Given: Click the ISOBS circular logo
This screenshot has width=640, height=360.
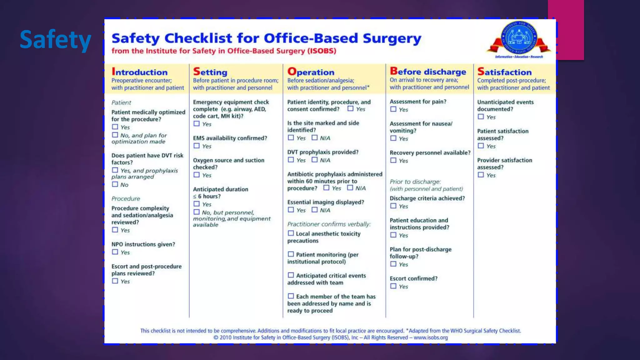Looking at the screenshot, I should pyautogui.click(x=519, y=38).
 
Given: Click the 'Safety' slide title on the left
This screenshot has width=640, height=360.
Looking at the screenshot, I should pyautogui.click(x=55, y=40).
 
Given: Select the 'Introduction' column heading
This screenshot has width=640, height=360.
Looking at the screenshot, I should pyautogui.click(x=140, y=72).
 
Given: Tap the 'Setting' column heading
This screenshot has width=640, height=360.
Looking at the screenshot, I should pyautogui.click(x=210, y=72).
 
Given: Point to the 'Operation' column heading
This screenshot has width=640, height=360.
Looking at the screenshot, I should pyautogui.click(x=311, y=72).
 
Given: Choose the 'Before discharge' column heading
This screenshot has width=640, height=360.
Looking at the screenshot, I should pyautogui.click(x=428, y=72).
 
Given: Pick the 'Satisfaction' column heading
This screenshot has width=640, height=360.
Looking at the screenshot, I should pyautogui.click(x=504, y=72).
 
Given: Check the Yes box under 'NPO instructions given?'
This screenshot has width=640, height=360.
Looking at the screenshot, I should pyautogui.click(x=115, y=252).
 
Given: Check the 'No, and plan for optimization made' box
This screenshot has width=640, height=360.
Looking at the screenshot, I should pyautogui.click(x=115, y=135).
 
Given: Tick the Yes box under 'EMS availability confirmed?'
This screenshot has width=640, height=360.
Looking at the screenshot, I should pyautogui.click(x=197, y=146).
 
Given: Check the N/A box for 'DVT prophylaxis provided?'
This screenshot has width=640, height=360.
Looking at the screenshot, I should pyautogui.click(x=315, y=160).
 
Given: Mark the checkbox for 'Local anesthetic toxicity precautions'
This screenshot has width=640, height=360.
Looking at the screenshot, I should pyautogui.click(x=291, y=233).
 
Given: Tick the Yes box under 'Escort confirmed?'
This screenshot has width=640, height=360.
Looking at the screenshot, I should pyautogui.click(x=393, y=286).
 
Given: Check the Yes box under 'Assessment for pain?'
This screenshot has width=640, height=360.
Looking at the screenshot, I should pyautogui.click(x=393, y=109).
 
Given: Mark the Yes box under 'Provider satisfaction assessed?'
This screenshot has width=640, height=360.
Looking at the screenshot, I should pyautogui.click(x=481, y=175).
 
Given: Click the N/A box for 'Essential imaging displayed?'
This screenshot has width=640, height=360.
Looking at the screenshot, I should pyautogui.click(x=315, y=210).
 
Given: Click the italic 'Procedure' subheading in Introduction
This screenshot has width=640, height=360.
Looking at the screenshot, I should pyautogui.click(x=126, y=199).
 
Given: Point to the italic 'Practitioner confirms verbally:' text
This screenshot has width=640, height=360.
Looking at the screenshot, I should pyautogui.click(x=329, y=224).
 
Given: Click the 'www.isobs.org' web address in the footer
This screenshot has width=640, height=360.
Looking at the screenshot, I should pyautogui.click(x=431, y=337).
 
